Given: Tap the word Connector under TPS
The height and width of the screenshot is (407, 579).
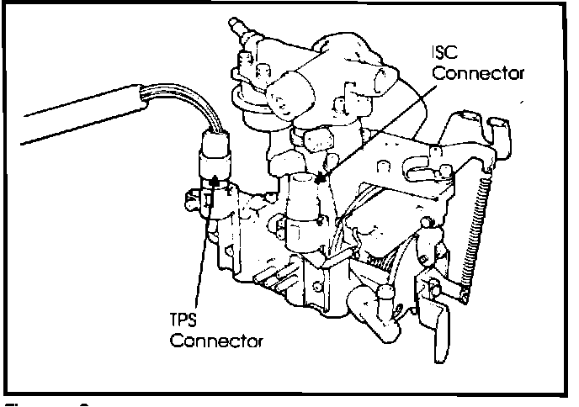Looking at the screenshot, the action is (x=215, y=343).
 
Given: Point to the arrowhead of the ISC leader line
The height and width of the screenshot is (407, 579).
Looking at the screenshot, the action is (x=317, y=179).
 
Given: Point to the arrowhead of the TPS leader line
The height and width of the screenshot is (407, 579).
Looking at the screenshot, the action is (x=215, y=177).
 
